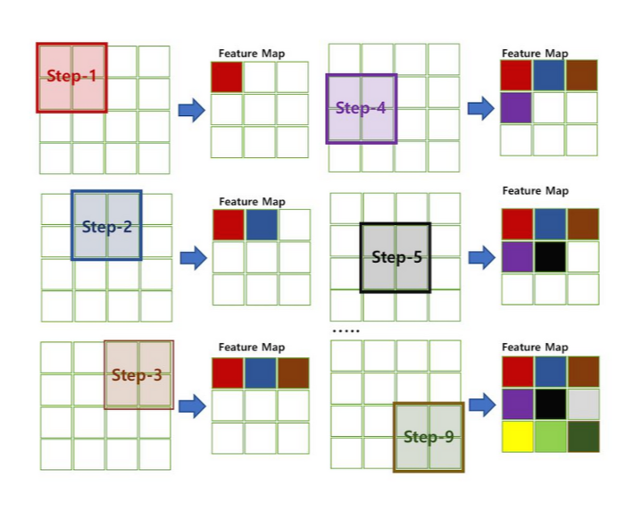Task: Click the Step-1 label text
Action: click(x=71, y=77)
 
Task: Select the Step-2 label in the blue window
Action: click(x=106, y=226)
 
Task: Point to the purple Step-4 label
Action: click(x=361, y=109)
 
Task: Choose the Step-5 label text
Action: click(x=396, y=257)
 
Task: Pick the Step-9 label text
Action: click(x=429, y=437)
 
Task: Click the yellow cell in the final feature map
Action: click(x=517, y=436)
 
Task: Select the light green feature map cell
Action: click(x=549, y=436)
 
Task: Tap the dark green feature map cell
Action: click(x=582, y=436)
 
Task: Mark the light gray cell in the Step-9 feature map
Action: click(x=582, y=404)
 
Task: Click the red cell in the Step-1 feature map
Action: click(x=227, y=77)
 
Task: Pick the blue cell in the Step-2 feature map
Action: click(x=262, y=224)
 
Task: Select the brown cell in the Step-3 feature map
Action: click(x=293, y=372)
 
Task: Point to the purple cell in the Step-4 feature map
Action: click(x=516, y=108)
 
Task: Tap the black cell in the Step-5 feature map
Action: click(x=549, y=256)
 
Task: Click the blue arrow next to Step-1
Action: click(x=191, y=110)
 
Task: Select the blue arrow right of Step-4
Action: click(x=481, y=109)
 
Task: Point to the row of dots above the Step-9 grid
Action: click(x=346, y=331)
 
